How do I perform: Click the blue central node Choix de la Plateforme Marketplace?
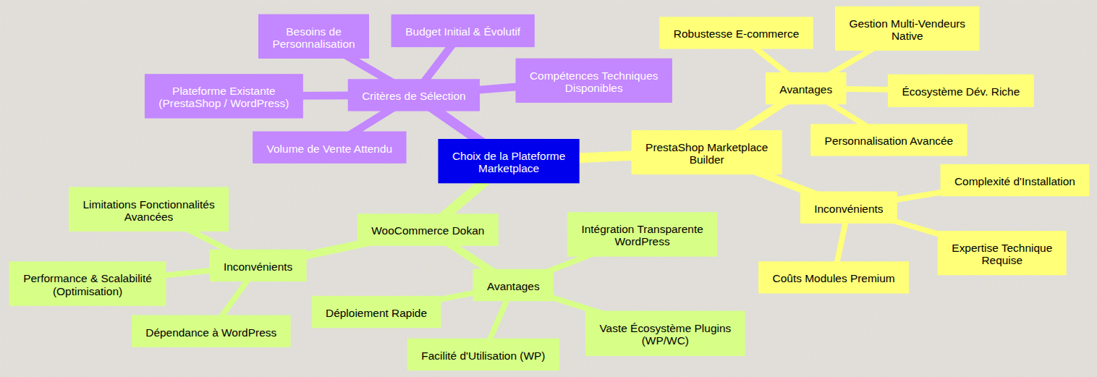[x=508, y=161]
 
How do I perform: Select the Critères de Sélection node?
[x=413, y=96]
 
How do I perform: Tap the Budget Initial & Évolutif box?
[x=462, y=32]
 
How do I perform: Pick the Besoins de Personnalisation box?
[x=313, y=38]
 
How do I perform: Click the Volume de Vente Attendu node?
[x=329, y=148]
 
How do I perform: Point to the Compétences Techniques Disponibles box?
[x=593, y=81]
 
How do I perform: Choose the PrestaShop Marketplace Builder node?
[x=706, y=153]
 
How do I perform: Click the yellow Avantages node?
[x=805, y=90]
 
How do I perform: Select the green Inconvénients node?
[x=258, y=266]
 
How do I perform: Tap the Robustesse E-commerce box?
[x=736, y=33]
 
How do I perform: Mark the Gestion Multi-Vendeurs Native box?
[x=907, y=30]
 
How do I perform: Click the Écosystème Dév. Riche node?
[x=960, y=91]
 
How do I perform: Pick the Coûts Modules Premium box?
[x=833, y=278]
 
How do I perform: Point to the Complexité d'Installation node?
[x=1014, y=181]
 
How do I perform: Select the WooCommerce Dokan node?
[x=427, y=230]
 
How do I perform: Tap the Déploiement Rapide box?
[x=376, y=313]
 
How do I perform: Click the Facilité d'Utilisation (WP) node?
[x=483, y=355]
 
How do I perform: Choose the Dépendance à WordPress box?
[x=211, y=332]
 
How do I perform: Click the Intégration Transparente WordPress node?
[x=642, y=234]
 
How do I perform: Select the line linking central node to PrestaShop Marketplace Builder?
[x=606, y=156]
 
